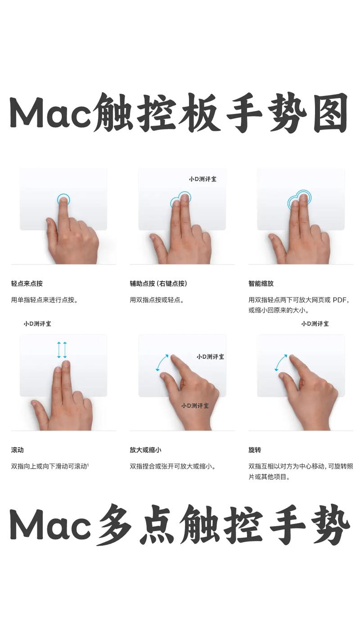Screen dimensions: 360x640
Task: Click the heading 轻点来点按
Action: click(27, 284)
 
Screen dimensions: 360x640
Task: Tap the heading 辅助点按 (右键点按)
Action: click(158, 284)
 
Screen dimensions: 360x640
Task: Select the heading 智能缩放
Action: click(261, 284)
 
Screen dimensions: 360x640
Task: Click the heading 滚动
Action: click(17, 450)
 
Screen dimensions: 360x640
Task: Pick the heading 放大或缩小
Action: click(145, 450)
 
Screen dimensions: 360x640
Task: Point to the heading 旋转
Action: click(255, 450)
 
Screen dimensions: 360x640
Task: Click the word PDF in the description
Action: click(340, 300)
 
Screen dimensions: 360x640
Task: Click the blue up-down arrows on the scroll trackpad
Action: click(62, 350)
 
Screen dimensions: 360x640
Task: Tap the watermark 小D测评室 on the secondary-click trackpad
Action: click(202, 179)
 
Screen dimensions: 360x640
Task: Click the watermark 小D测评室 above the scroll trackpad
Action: click(37, 324)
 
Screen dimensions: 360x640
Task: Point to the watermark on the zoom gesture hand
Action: click(195, 406)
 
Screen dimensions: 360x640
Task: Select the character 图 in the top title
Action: click(330, 113)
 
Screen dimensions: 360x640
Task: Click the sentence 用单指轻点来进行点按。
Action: click(44, 300)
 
